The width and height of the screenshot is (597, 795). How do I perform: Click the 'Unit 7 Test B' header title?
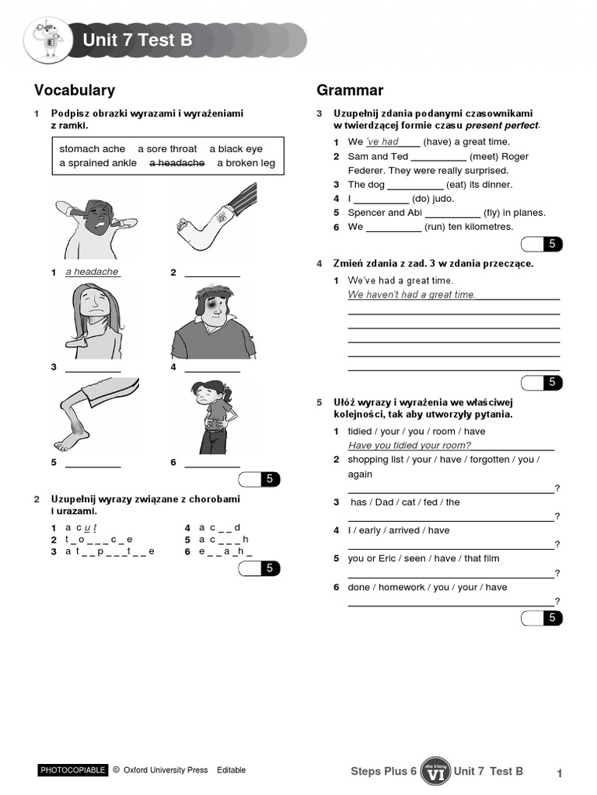137,40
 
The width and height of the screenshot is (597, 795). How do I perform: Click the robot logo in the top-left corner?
47,40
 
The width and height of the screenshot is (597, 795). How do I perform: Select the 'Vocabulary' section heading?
75,90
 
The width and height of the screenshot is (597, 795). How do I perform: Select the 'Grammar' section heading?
350,90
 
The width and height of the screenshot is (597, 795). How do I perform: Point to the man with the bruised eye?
211,321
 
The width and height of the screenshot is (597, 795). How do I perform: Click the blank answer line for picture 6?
212,467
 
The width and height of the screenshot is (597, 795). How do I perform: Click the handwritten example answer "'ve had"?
382,142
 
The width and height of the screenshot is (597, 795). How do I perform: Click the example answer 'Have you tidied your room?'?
410,446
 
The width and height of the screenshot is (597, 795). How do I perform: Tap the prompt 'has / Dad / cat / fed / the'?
405,502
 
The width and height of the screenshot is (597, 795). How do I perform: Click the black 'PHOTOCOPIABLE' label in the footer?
72,770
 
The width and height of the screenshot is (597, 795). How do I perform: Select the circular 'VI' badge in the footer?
435,771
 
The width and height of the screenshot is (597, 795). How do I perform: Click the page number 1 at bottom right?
559,772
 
